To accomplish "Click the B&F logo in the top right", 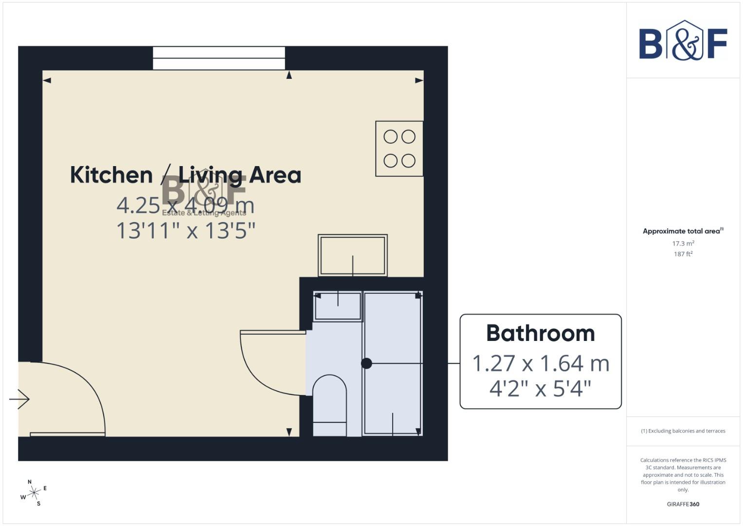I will pos(683,41).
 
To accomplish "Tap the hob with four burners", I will pos(399,149).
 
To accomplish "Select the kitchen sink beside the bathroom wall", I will pos(353,255).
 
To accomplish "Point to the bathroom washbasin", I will pos(338,307).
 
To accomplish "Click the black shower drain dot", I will pos(366,363).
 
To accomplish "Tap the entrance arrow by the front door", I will pos(19,399).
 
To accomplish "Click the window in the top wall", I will pos(219,58).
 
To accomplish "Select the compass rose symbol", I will pos(34,493).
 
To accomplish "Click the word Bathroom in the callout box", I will pos(541,334).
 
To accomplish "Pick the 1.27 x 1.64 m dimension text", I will pos(541,363).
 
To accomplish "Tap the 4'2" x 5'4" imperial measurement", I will pos(540,389).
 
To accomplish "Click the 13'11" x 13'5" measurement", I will pos(186,230).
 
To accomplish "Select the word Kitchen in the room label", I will pos(111,175).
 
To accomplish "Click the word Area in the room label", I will pos(275,175).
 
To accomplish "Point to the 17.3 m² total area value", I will pos(683,244).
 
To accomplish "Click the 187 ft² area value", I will pos(683,254).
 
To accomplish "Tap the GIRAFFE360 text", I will pos(683,504).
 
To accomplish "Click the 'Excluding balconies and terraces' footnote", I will pos(683,431).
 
